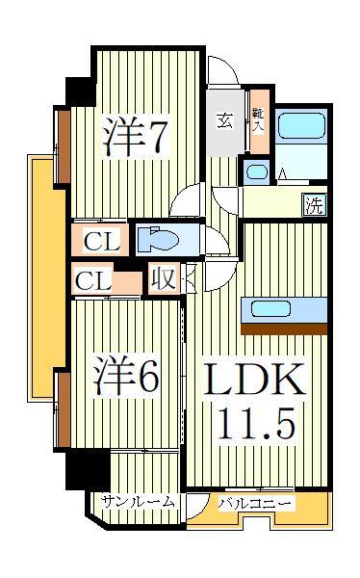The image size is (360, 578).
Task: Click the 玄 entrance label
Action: point(224,120)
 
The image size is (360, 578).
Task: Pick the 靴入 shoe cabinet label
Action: point(258,119)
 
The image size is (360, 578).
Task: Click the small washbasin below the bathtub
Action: point(255,172)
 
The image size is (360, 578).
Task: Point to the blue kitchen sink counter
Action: point(283,310)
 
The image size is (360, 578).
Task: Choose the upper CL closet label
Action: point(100,242)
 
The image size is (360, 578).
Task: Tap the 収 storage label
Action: point(163,280)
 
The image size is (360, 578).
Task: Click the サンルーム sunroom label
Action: point(139,502)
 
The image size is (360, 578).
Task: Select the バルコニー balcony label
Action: point(255,503)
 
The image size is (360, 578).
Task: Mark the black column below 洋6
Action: point(88,471)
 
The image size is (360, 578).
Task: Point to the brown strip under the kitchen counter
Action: point(284,328)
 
